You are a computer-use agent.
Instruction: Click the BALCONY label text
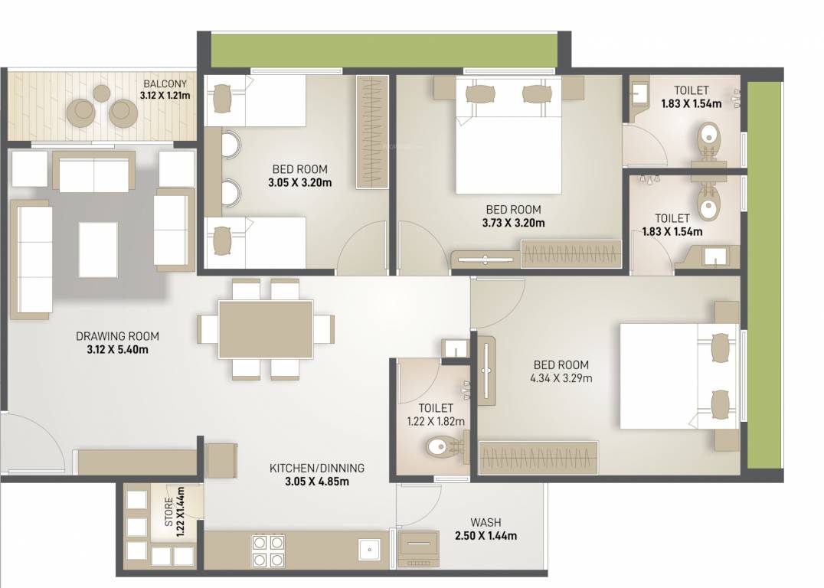[x=164, y=84]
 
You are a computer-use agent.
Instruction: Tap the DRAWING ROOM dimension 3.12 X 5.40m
[x=117, y=350]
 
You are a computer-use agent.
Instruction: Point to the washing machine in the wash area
[x=418, y=548]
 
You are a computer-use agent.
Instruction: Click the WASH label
[x=486, y=523]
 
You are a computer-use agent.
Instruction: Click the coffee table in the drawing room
[x=98, y=250]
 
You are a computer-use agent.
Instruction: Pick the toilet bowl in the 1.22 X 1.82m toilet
[x=441, y=446]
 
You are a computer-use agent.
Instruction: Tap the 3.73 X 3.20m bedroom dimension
[x=513, y=223]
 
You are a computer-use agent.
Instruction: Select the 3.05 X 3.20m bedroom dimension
[x=300, y=182]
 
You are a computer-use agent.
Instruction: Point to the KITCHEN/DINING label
[x=316, y=468]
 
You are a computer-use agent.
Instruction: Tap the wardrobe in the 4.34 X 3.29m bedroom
[x=538, y=458]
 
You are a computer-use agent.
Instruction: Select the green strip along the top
[x=384, y=50]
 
